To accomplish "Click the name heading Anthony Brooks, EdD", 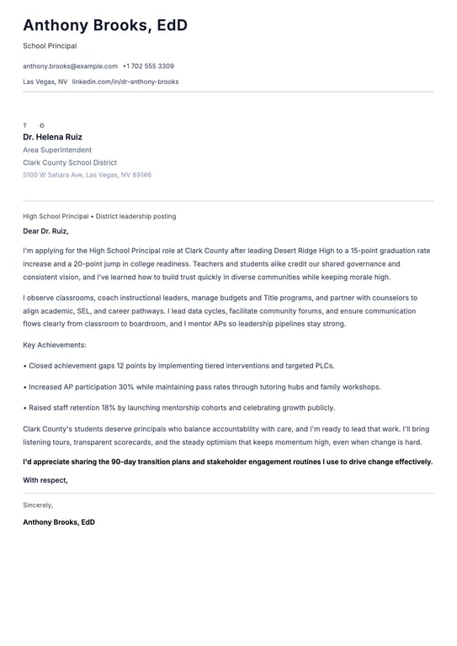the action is click(x=105, y=26).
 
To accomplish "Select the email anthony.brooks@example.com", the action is click(x=70, y=66).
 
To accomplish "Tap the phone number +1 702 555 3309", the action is click(x=148, y=66).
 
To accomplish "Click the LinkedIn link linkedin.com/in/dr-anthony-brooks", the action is click(x=125, y=82).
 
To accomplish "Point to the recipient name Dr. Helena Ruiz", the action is click(x=52, y=137).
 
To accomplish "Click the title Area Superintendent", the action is click(x=57, y=150).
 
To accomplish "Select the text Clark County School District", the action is click(x=70, y=162).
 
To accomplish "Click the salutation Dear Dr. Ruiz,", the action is click(x=45, y=230).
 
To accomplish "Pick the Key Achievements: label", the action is click(x=55, y=345).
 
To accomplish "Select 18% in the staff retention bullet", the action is click(x=109, y=408).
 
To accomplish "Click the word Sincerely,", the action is click(x=38, y=505).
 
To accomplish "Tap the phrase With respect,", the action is click(x=45, y=480).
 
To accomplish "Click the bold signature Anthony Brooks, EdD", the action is click(x=59, y=522).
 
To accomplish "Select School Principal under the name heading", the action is click(x=50, y=46).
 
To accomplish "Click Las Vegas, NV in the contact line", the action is click(x=45, y=82).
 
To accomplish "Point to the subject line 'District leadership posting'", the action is click(x=136, y=216).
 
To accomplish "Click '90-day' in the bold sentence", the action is click(x=126, y=462).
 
